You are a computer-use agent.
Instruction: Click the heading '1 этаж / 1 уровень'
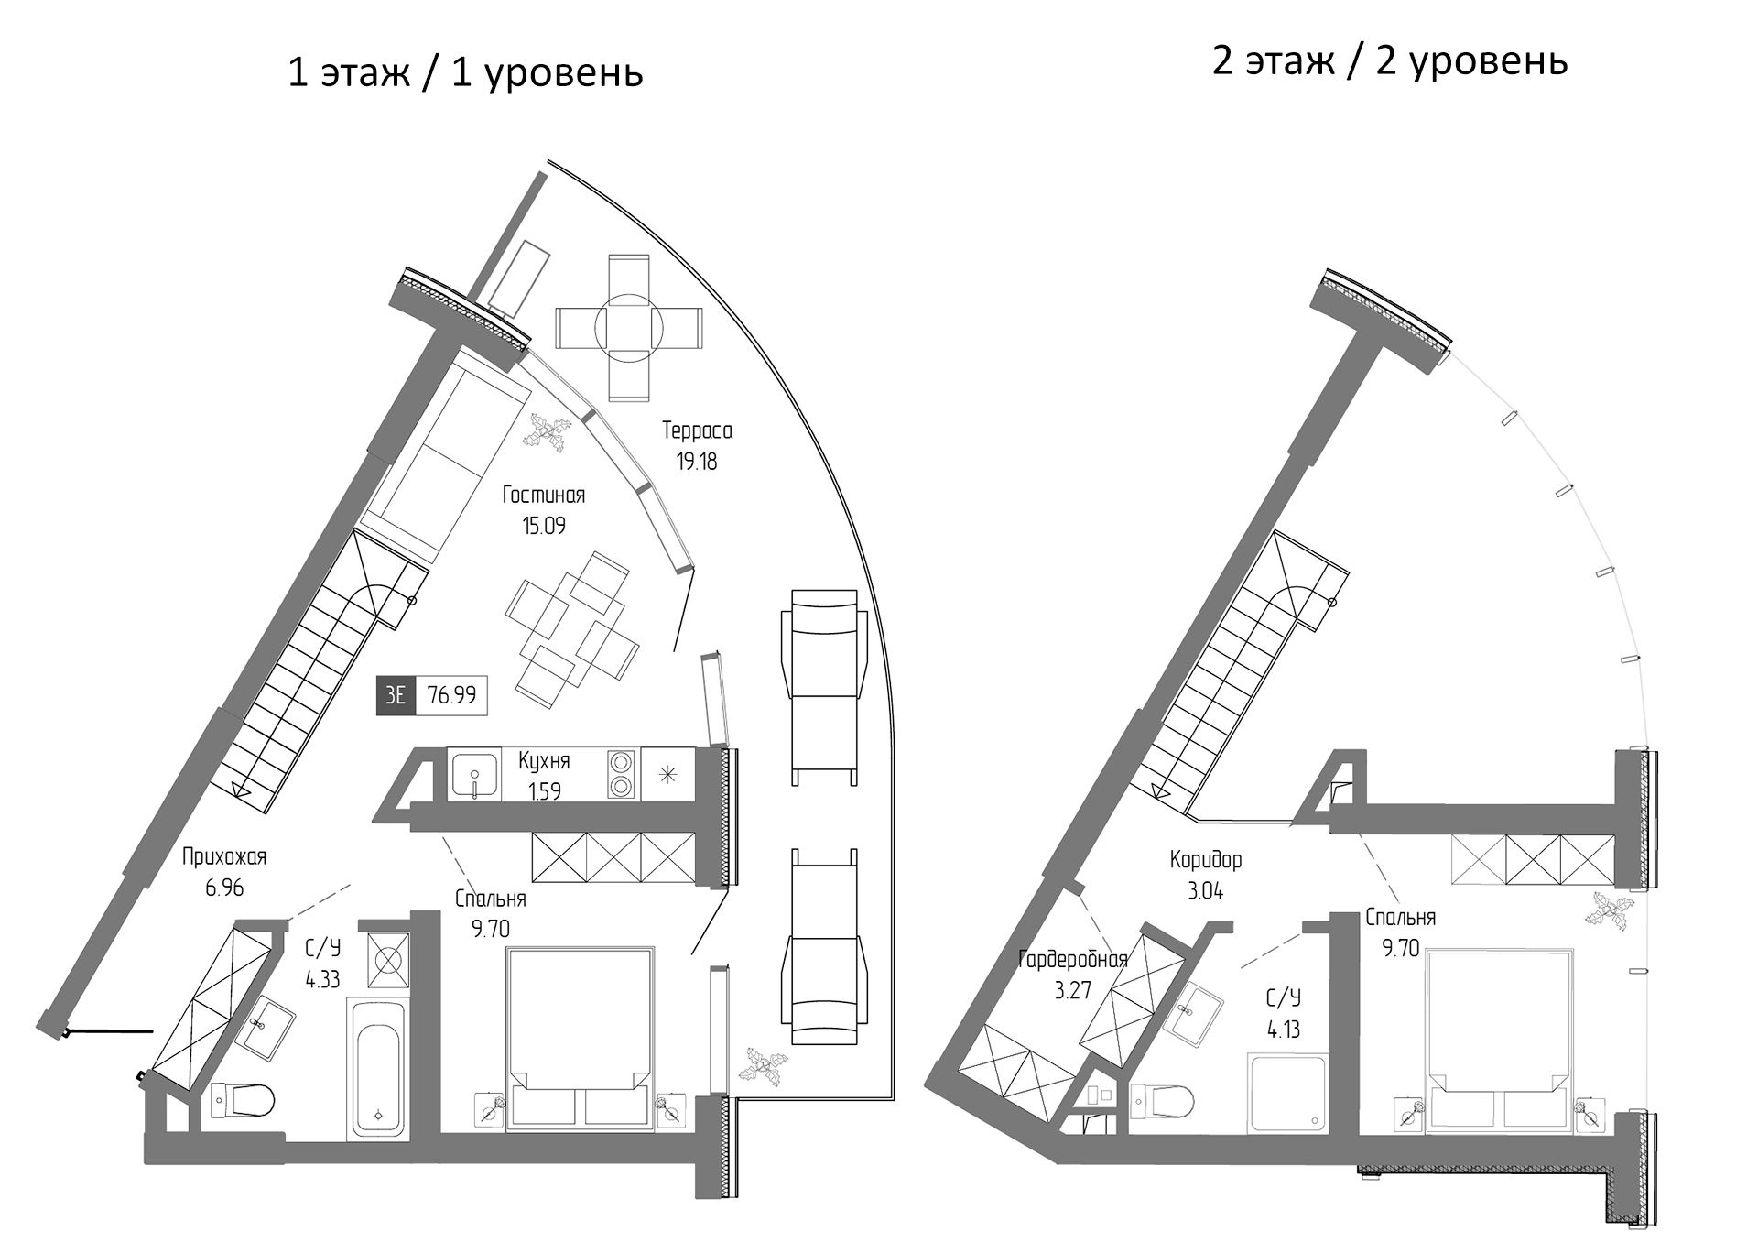(x=465, y=72)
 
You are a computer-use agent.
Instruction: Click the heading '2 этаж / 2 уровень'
(x=1389, y=60)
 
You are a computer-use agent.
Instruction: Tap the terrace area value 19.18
(x=697, y=462)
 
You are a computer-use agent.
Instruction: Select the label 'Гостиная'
(x=543, y=496)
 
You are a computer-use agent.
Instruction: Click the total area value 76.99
(x=451, y=695)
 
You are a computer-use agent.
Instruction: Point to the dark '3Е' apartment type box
(x=396, y=695)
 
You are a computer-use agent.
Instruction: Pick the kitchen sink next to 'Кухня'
(x=473, y=775)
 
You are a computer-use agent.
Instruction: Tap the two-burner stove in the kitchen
(x=621, y=775)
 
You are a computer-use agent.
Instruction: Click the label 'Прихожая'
(x=223, y=857)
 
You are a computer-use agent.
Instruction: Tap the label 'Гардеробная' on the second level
(x=1072, y=960)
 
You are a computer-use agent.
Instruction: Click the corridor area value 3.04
(x=1205, y=890)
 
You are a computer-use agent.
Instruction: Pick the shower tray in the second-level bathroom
(x=1286, y=1094)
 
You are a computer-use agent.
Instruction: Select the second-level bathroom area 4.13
(x=1284, y=1030)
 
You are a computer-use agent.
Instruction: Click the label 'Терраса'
(x=697, y=430)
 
